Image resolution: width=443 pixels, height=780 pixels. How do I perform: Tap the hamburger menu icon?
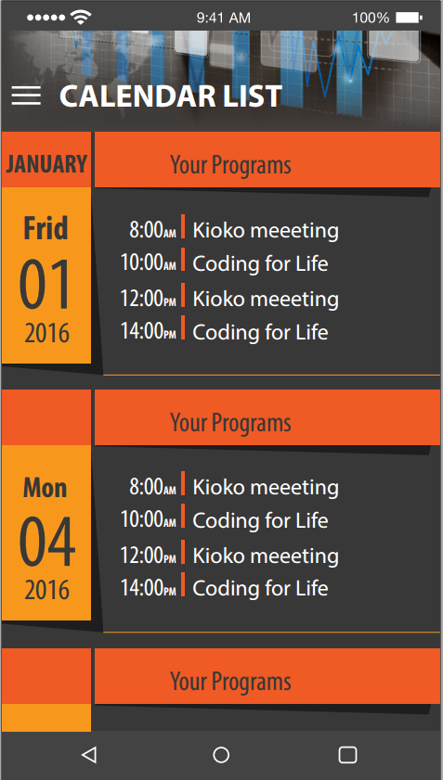point(26,96)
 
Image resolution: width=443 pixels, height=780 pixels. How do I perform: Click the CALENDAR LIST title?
point(171,96)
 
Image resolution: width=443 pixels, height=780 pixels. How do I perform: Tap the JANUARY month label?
point(46,164)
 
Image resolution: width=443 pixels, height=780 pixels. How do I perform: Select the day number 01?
point(46,285)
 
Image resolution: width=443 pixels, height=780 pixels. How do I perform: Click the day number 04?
point(46,543)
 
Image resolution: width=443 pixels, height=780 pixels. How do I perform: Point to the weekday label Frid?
point(46,228)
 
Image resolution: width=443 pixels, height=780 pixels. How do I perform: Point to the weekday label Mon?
point(45,488)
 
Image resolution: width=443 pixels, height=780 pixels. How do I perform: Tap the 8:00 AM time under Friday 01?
point(152,230)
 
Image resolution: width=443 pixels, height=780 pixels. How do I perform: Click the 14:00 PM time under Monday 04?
point(149,588)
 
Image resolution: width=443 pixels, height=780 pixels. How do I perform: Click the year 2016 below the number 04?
point(46,591)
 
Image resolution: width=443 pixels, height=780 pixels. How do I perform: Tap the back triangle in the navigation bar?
point(89,755)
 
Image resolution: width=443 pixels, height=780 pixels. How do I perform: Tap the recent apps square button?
point(348,755)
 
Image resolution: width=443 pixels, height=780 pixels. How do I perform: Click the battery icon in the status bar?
point(410,18)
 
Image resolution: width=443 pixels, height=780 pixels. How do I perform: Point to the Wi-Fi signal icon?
point(80,18)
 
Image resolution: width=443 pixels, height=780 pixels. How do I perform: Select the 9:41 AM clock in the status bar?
point(223,18)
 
